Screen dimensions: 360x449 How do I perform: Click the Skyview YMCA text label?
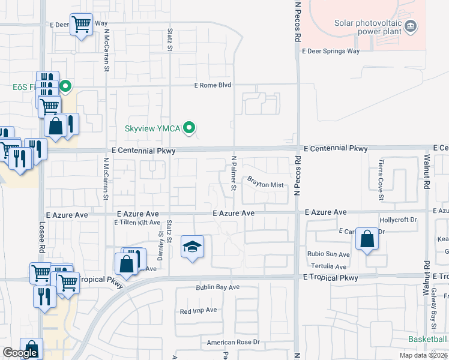pyautogui.click(x=152, y=128)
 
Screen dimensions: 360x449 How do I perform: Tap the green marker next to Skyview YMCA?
pyautogui.click(x=190, y=127)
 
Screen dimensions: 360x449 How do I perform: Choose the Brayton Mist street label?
pyautogui.click(x=265, y=185)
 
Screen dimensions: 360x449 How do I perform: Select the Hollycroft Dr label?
pyautogui.click(x=398, y=220)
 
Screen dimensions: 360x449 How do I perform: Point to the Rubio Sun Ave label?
pyautogui.click(x=328, y=254)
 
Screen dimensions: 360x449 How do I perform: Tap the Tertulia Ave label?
pyautogui.click(x=328, y=266)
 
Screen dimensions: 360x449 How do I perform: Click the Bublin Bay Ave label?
pyautogui.click(x=217, y=287)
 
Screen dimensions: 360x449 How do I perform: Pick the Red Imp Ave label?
pyautogui.click(x=199, y=311)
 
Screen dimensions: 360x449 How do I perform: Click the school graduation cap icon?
pyautogui.click(x=192, y=247)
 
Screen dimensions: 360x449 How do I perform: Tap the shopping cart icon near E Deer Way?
pyautogui.click(x=81, y=25)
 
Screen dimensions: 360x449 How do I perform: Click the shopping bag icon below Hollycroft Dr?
pyautogui.click(x=367, y=239)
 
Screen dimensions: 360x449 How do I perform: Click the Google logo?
pyautogui.click(x=20, y=353)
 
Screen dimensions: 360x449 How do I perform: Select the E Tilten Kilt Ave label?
pyautogui.click(x=137, y=222)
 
